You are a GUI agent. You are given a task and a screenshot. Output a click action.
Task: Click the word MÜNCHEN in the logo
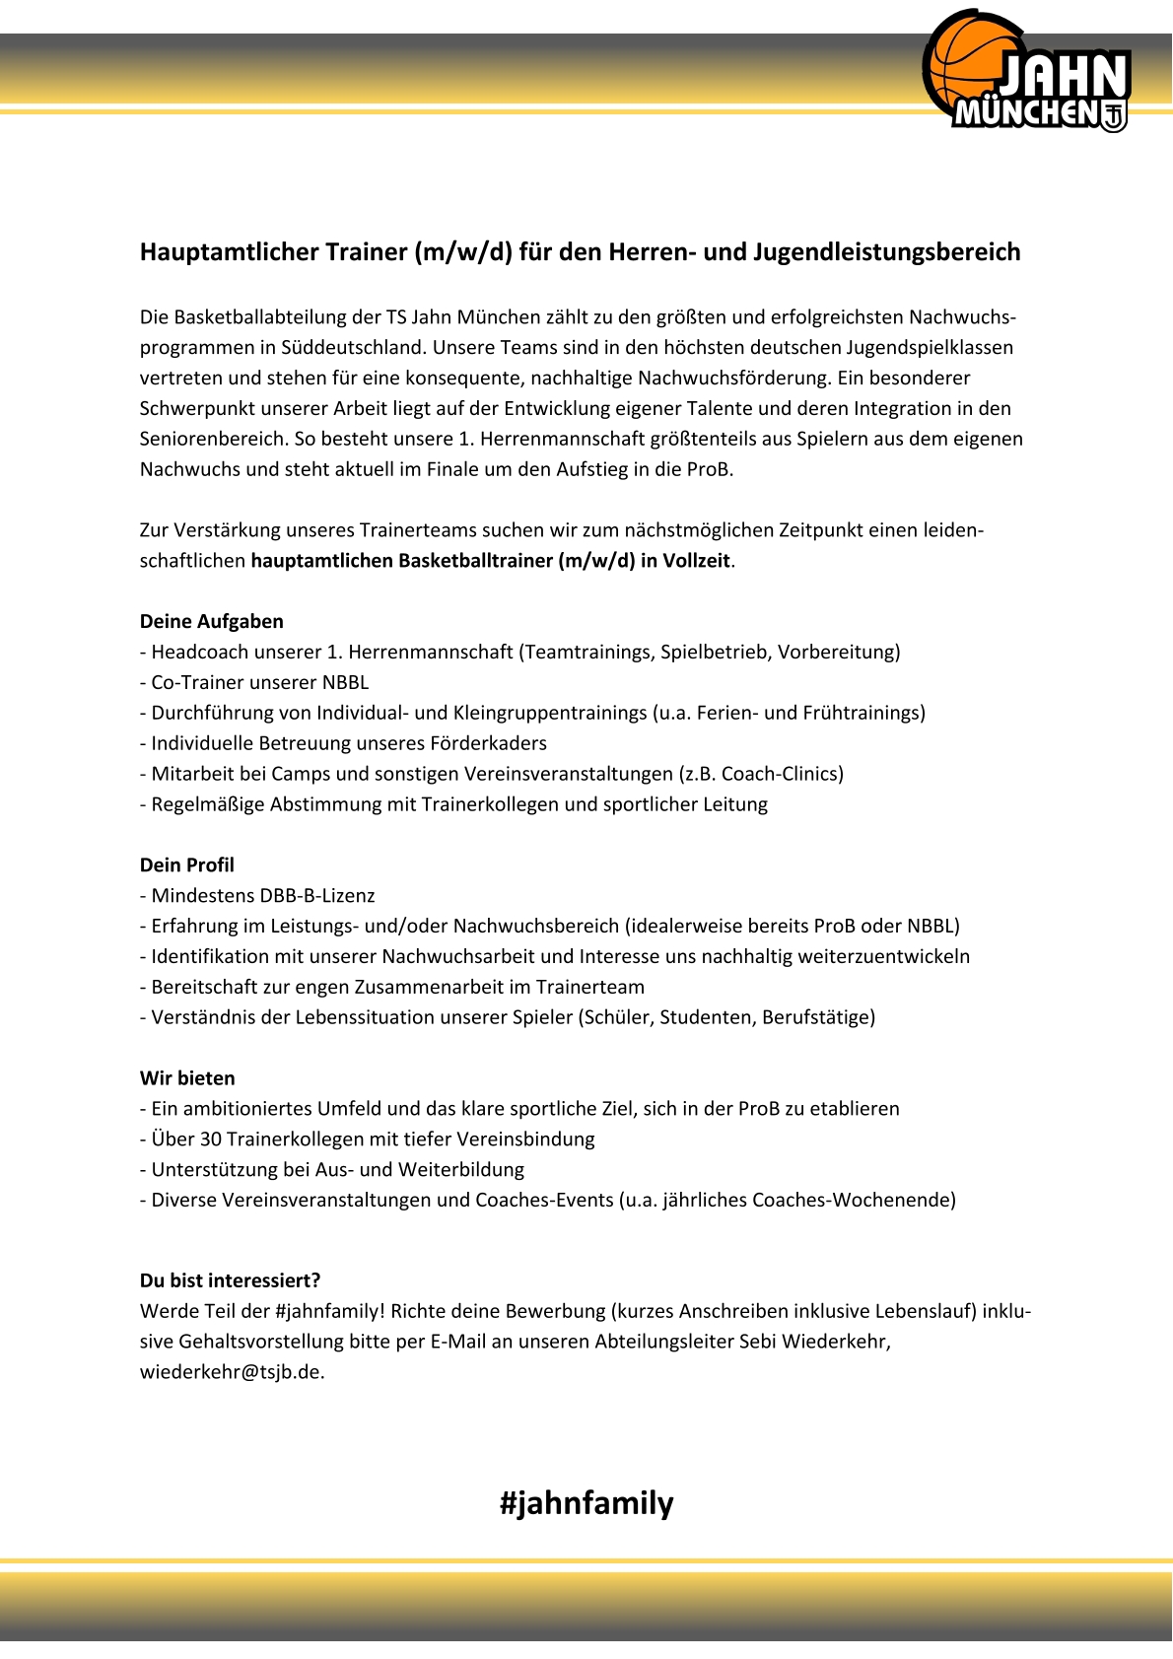(x=1025, y=113)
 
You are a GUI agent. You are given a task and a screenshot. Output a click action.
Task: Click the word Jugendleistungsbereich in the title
(x=886, y=252)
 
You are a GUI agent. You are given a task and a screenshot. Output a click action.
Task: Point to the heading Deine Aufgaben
(x=211, y=621)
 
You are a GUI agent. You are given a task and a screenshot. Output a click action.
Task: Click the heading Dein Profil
(x=186, y=864)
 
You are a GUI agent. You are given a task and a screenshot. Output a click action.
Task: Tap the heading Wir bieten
(x=187, y=1078)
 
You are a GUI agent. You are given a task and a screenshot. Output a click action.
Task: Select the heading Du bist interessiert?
(x=230, y=1280)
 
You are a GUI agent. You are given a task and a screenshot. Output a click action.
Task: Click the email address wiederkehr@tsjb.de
(x=231, y=1372)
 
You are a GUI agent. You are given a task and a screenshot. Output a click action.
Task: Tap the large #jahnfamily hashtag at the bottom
(x=586, y=1503)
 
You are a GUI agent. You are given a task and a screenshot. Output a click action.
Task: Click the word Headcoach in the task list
(x=197, y=652)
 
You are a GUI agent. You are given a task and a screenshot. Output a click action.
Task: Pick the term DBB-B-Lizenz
(x=316, y=896)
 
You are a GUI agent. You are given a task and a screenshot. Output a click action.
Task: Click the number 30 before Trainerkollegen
(x=210, y=1140)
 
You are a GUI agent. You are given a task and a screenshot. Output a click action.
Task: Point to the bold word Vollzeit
(x=696, y=561)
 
